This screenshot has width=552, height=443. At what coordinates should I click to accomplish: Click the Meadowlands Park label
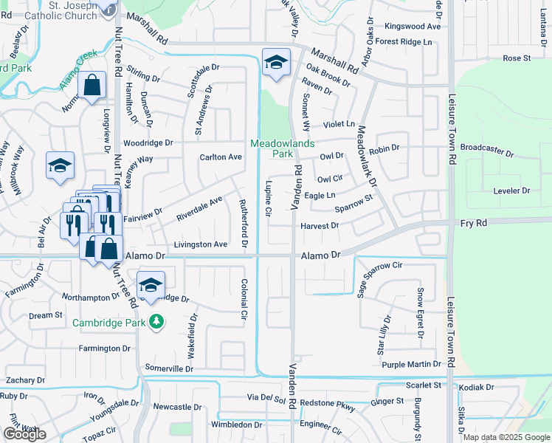[x=272, y=148]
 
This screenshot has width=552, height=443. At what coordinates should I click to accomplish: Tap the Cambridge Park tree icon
[x=156, y=322]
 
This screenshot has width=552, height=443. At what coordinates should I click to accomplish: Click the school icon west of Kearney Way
[x=60, y=166]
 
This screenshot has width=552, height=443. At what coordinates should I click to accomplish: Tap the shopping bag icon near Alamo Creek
[x=93, y=86]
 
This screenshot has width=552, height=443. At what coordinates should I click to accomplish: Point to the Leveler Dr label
[x=511, y=190]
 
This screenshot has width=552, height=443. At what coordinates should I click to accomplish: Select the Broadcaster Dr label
[x=486, y=151]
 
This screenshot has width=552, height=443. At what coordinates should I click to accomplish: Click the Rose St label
[x=517, y=58]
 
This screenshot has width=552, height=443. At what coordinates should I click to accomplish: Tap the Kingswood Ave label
[x=413, y=26]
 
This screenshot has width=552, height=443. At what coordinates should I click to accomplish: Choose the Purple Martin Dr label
[x=411, y=365]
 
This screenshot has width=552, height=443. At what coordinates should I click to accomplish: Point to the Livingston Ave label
[x=200, y=244]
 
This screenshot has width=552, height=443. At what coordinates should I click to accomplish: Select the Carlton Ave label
[x=221, y=157]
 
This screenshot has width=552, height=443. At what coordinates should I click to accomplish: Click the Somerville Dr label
[x=169, y=368]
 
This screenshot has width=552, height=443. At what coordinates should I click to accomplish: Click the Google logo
[x=24, y=434]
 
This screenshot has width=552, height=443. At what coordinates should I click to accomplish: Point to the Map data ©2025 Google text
[x=506, y=437]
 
